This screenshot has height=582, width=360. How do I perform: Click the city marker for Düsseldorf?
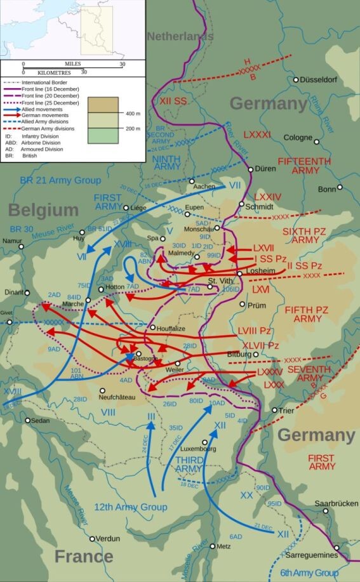[x=296, y=80]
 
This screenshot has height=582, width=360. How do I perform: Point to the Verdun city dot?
[x=92, y=539]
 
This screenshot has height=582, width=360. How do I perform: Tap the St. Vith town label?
[x=220, y=281]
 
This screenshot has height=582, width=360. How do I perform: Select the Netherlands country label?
[x=180, y=37]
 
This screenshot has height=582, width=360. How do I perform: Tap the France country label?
[x=84, y=557]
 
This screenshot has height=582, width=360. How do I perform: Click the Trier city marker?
[x=274, y=411]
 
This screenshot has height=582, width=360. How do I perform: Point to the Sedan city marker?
[x=27, y=421]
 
